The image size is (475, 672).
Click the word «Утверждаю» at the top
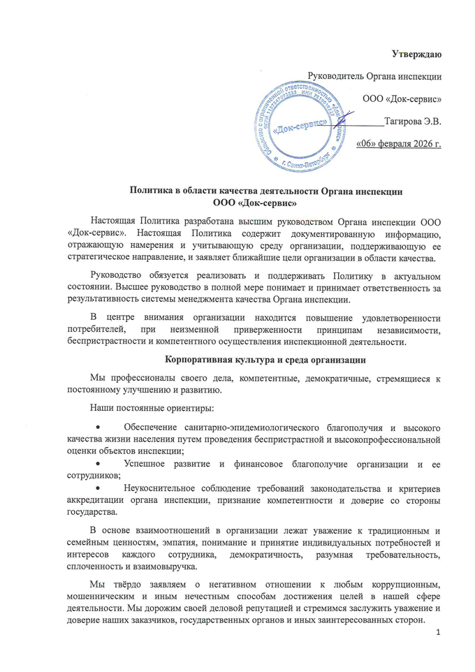click(416, 53)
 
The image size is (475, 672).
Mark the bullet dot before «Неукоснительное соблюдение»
click(98, 487)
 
